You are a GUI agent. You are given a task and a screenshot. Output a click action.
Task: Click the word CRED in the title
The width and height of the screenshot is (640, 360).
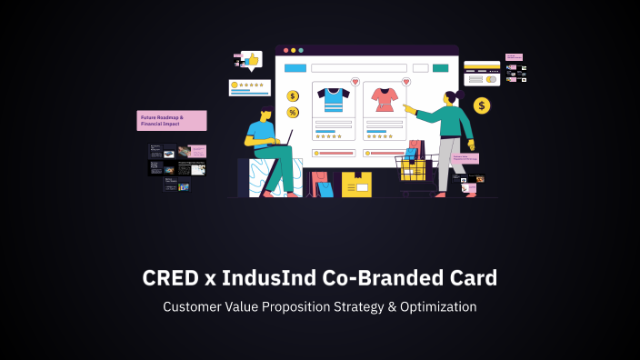(172, 278)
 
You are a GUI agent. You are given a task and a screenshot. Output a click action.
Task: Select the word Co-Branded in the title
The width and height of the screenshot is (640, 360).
(371, 278)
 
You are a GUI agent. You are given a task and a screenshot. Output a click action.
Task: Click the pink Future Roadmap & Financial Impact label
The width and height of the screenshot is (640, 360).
(172, 121)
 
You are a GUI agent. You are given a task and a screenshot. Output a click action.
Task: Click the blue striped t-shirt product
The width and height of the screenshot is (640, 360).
(333, 99)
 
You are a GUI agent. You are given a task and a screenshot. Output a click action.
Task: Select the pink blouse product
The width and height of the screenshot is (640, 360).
(385, 99)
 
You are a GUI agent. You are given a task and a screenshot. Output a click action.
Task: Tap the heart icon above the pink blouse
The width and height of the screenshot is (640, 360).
(405, 82)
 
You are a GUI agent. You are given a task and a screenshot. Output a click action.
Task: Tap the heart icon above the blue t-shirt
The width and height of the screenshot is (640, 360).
(355, 82)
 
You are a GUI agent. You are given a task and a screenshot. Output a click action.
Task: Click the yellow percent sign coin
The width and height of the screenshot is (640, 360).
(293, 113)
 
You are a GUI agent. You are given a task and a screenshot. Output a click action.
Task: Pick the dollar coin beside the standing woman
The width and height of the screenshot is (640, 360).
(482, 105)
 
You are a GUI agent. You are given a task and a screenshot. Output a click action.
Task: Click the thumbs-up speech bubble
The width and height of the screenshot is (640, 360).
(251, 60)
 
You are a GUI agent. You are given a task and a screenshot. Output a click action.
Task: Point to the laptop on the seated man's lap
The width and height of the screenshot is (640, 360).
(283, 138)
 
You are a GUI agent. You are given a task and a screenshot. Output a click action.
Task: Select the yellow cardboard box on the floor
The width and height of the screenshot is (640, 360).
(356, 185)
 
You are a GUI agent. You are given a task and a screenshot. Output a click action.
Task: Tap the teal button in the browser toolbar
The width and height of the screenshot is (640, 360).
(441, 68)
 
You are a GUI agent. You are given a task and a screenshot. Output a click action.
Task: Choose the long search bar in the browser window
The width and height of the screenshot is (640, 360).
(359, 68)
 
